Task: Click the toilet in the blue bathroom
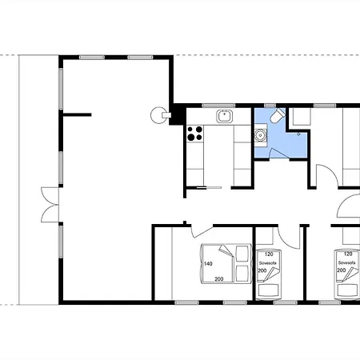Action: pyautogui.click(x=278, y=116)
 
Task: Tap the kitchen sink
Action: pyautogui.click(x=225, y=117)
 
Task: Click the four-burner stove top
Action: pyautogui.click(x=195, y=134)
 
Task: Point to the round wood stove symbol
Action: pyautogui.click(x=159, y=115)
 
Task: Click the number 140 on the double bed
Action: pyautogui.click(x=208, y=264)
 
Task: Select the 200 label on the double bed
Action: pyautogui.click(x=219, y=279)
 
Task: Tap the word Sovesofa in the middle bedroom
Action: pyautogui.click(x=267, y=263)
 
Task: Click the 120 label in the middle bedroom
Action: pyautogui.click(x=269, y=254)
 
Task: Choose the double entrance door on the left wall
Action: pyautogui.click(x=50, y=205)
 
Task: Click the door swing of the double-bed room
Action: pyautogui.click(x=202, y=231)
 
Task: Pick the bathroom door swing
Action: pyautogui.click(x=279, y=154)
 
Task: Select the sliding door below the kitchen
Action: pyautogui.click(x=209, y=188)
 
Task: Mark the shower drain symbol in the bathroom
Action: pyautogui.click(x=298, y=134)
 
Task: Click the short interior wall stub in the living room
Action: pyautogui.click(x=78, y=114)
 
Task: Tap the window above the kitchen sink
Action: pyautogui.click(x=218, y=106)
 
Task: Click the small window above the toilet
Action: pyautogui.click(x=270, y=106)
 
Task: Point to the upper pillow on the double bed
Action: pyautogui.click(x=242, y=254)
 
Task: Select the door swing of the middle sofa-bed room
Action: pyautogui.click(x=289, y=237)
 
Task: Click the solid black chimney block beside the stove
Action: pyautogui.click(x=178, y=114)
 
